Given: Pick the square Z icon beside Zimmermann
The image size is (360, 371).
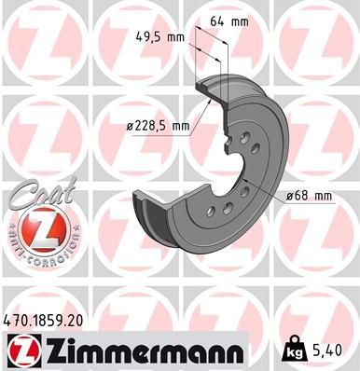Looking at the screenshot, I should tap(20, 350).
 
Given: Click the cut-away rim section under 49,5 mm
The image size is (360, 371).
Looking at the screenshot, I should tap(208, 82).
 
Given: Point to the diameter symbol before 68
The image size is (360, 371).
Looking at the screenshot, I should tap(290, 195).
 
